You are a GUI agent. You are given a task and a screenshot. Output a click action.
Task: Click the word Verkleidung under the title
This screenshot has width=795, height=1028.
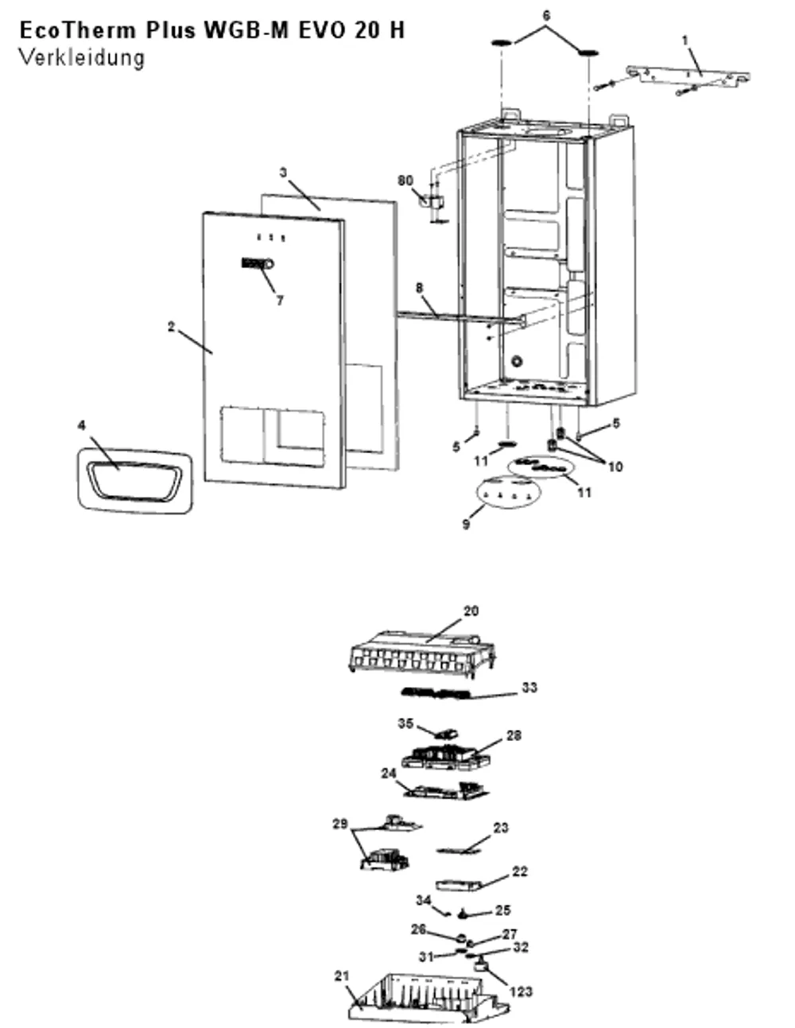click(x=81, y=59)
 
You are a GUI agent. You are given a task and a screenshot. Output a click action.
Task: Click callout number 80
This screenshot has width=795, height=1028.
click(x=405, y=180)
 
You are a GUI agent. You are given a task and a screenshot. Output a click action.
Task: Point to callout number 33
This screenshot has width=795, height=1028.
click(x=529, y=687)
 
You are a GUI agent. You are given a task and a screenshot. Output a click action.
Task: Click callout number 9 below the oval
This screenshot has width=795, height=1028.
click(x=466, y=524)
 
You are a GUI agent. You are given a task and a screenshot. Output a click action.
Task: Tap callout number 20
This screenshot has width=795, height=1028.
click(x=471, y=611)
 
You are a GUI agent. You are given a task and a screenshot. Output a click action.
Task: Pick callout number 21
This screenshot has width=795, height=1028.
click(x=342, y=976)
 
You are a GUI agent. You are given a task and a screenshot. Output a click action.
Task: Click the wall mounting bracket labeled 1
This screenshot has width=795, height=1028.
click(x=688, y=78)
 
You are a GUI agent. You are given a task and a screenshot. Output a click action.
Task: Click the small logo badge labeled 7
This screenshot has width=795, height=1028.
click(x=258, y=263)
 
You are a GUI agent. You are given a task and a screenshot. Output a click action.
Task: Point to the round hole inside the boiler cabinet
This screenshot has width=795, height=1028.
click(x=517, y=362)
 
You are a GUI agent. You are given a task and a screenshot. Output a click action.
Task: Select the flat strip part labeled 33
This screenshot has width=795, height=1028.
click(x=435, y=694)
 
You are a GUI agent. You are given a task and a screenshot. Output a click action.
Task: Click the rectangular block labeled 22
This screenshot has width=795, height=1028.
click(x=458, y=885)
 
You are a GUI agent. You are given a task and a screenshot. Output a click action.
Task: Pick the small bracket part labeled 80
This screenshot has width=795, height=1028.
click(x=432, y=203)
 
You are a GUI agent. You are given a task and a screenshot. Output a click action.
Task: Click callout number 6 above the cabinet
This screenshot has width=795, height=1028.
click(x=546, y=16)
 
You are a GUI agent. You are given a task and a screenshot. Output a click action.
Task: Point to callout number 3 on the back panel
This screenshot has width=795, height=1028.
click(x=283, y=173)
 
